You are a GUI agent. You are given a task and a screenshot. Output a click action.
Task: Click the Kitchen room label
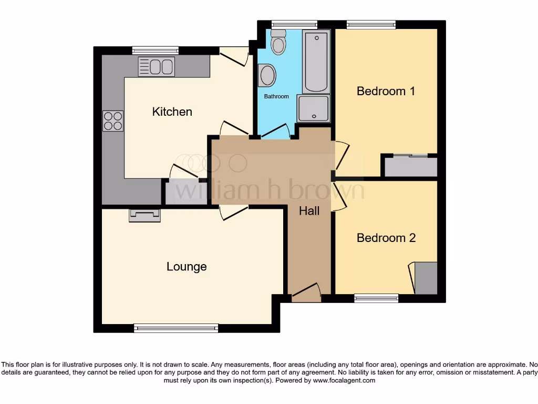[x=172, y=112]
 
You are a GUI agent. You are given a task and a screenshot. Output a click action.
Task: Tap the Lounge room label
[x=187, y=267]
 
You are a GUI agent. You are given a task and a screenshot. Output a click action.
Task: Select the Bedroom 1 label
[x=386, y=91]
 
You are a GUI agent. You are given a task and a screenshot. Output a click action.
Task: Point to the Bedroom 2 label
[x=386, y=238]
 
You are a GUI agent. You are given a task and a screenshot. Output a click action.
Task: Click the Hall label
[x=309, y=211]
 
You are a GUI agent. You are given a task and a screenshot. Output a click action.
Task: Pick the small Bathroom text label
[x=276, y=97]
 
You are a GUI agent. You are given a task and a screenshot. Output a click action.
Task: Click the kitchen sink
[x=156, y=67]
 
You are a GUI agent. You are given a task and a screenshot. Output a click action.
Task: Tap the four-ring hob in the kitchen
[x=113, y=121]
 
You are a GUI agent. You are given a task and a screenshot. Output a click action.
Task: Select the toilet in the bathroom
[x=278, y=42]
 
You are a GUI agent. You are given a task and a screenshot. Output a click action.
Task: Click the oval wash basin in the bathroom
[x=267, y=75]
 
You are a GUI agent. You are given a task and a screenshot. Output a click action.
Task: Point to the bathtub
[x=316, y=62]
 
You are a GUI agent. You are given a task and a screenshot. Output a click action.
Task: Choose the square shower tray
[x=314, y=109]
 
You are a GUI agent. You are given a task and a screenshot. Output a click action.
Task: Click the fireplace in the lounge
[x=144, y=215]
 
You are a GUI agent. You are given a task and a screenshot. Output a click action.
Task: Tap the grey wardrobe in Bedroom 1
[x=411, y=167]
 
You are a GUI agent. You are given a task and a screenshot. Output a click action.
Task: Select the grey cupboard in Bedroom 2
[x=426, y=278]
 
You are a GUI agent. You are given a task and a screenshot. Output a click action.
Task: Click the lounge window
[x=176, y=328]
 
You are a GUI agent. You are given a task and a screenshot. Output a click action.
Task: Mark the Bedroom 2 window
[x=376, y=298]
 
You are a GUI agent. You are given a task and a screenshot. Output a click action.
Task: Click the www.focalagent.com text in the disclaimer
[x=344, y=380]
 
